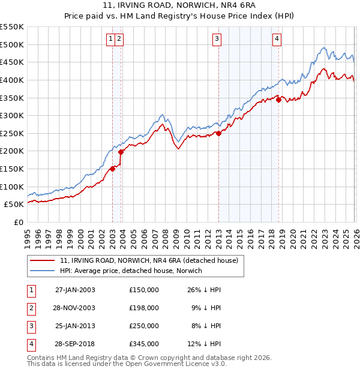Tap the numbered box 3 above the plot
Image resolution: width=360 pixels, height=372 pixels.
[x=216, y=40]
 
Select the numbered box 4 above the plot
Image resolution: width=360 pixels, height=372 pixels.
[x=277, y=40]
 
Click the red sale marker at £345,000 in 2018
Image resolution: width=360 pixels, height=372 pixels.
[x=278, y=100]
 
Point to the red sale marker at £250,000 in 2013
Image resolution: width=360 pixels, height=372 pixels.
[x=218, y=134]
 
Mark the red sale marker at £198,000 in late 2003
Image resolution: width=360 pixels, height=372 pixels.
[x=121, y=152]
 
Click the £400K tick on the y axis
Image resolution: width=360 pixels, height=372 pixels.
[x=12, y=80]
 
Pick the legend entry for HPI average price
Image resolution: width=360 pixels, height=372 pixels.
[x=131, y=271]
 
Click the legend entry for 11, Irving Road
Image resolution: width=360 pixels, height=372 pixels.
[x=149, y=260]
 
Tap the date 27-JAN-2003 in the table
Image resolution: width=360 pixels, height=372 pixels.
[x=74, y=290]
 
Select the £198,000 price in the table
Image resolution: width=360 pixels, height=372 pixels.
[x=143, y=308]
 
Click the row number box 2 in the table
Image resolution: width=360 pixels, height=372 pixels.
[x=31, y=308]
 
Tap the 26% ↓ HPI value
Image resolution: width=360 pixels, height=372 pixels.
[x=204, y=290]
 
